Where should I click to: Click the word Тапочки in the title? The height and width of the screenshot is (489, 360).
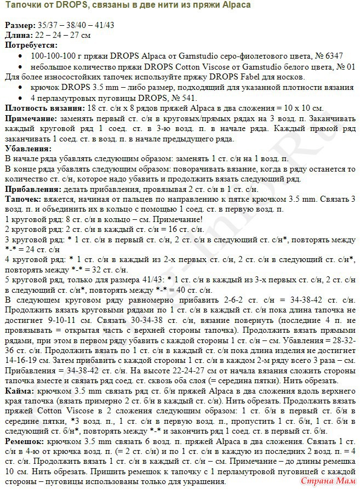(x=21, y=5)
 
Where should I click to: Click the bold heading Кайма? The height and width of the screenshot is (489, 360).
(x=18, y=391)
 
